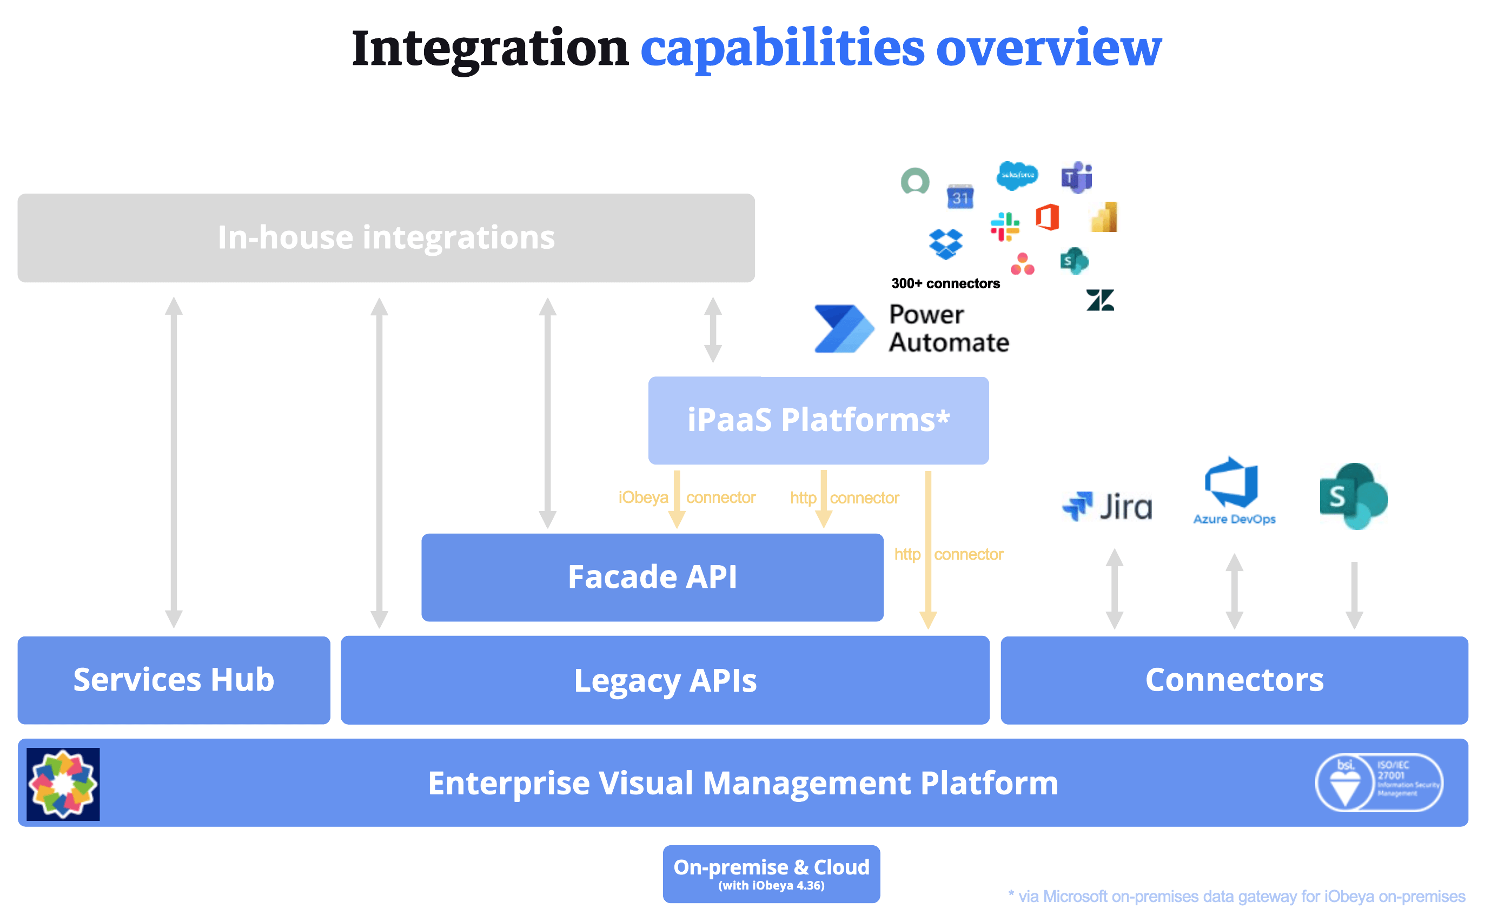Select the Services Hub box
pyautogui.click(x=174, y=680)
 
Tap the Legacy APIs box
pyautogui.click(x=665, y=680)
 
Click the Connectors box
pyautogui.click(x=1234, y=680)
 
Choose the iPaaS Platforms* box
pyautogui.click(x=818, y=420)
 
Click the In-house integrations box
pyautogui.click(x=386, y=238)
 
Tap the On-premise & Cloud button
pyautogui.click(x=771, y=873)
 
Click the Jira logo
pyautogui.click(x=1107, y=506)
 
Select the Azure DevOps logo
pyautogui.click(x=1233, y=491)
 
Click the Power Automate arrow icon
pyautogui.click(x=843, y=329)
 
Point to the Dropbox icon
pyautogui.click(x=945, y=244)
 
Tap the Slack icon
pyautogui.click(x=1004, y=226)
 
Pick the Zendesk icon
pyautogui.click(x=1099, y=300)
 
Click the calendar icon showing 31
pyautogui.click(x=960, y=196)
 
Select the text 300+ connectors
pyautogui.click(x=945, y=283)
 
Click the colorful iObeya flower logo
pyautogui.click(x=63, y=784)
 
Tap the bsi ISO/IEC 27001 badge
pyautogui.click(x=1378, y=782)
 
